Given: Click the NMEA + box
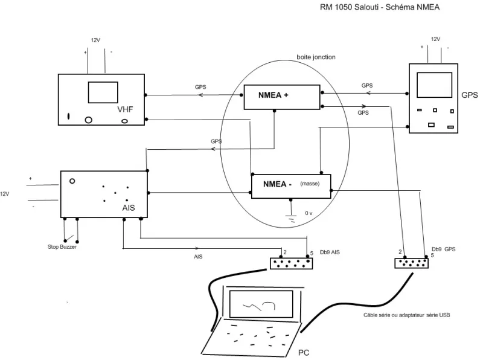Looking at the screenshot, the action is click(x=282, y=97).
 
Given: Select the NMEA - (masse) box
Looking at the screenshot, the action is click(x=291, y=186).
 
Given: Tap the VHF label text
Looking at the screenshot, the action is click(x=125, y=109).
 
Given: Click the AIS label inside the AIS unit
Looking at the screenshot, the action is click(x=129, y=208).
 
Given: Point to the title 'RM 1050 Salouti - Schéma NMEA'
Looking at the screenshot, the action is click(x=380, y=7).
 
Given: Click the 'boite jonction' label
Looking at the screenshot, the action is click(x=316, y=57).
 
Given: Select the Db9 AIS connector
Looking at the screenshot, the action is click(x=292, y=263).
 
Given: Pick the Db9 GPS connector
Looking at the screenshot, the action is click(x=412, y=263).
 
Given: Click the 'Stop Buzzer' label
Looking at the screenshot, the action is click(x=62, y=247).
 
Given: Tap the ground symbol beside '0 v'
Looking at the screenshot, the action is click(x=291, y=218).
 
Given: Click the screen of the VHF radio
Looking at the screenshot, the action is click(x=103, y=92).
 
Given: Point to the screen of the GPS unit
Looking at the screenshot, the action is click(x=434, y=85).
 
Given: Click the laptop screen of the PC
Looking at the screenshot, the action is click(x=261, y=304).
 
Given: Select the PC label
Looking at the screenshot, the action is click(x=304, y=353).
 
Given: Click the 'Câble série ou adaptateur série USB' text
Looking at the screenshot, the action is click(x=406, y=315).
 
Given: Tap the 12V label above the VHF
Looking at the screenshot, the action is click(x=95, y=40).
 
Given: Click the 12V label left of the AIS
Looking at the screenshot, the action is click(x=5, y=194).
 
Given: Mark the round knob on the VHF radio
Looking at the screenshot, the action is click(x=88, y=120).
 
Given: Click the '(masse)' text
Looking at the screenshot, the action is click(x=310, y=184).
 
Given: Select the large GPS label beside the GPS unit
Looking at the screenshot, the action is click(x=470, y=95).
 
